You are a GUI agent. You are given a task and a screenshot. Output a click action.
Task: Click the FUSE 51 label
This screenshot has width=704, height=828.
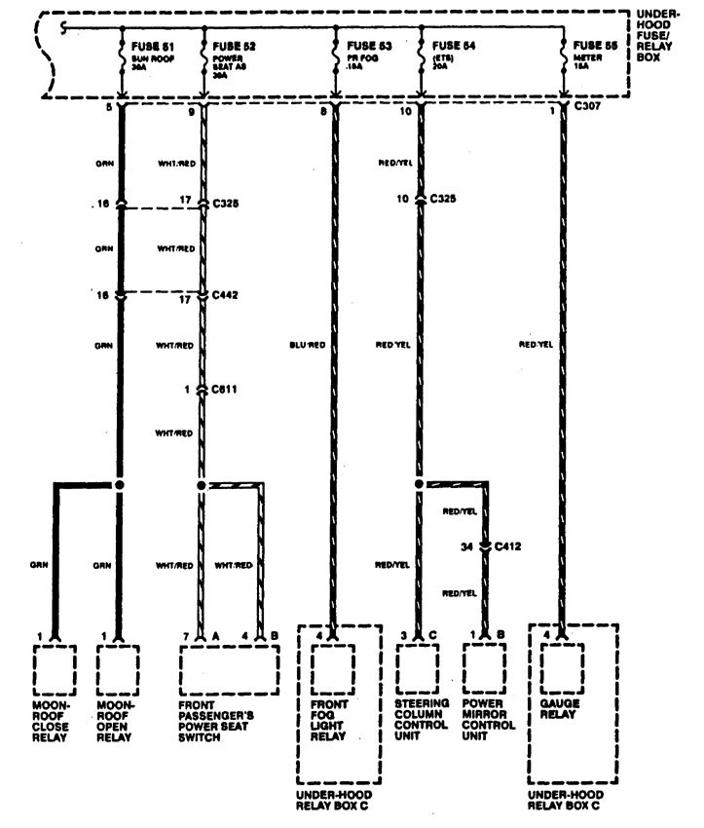pos(151,46)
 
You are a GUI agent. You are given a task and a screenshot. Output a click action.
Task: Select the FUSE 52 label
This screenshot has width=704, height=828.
pos(234,46)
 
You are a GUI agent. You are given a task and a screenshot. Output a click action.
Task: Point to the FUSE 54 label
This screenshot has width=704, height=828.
pos(453,46)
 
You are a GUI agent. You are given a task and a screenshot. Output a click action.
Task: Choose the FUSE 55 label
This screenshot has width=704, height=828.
pos(594,46)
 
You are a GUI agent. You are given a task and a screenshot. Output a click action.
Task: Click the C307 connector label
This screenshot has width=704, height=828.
pos(588,107)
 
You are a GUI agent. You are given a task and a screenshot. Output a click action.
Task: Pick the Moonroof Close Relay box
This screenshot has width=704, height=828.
pos(57,667)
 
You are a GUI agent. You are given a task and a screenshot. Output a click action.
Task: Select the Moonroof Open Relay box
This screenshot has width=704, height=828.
pos(121,667)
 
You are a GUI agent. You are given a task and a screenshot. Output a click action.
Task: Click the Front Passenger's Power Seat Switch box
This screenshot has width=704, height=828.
pos(230,667)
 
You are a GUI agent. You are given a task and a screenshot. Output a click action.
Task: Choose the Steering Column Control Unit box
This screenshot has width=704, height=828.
pos(420,667)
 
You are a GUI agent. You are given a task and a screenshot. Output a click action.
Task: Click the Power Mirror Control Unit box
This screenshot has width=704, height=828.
pos(488,667)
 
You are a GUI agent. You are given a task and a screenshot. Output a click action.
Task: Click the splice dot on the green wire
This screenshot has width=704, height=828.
pos(120,483)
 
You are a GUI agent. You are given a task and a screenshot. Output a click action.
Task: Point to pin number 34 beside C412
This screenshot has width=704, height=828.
pos(467,547)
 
